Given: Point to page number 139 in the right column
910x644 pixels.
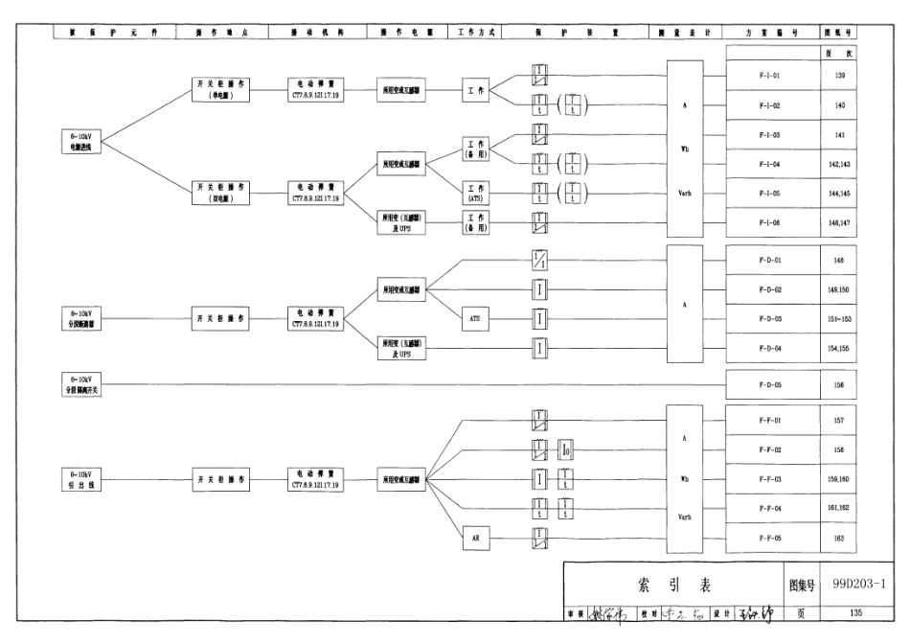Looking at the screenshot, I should (x=840, y=75).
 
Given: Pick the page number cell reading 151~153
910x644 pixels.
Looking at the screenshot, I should (x=840, y=318).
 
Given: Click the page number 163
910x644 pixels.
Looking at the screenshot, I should (x=840, y=538).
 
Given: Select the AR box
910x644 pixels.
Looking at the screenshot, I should (x=476, y=538).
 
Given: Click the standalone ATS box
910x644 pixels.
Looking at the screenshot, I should (x=476, y=318).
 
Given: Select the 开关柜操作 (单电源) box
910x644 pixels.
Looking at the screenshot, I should (x=221, y=89).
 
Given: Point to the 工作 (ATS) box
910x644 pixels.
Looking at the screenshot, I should (x=476, y=193).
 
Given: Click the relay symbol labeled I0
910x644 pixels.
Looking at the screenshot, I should (x=566, y=448).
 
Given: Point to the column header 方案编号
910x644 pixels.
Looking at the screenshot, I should (x=769, y=32).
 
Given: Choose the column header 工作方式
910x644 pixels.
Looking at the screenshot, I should (x=476, y=32).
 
